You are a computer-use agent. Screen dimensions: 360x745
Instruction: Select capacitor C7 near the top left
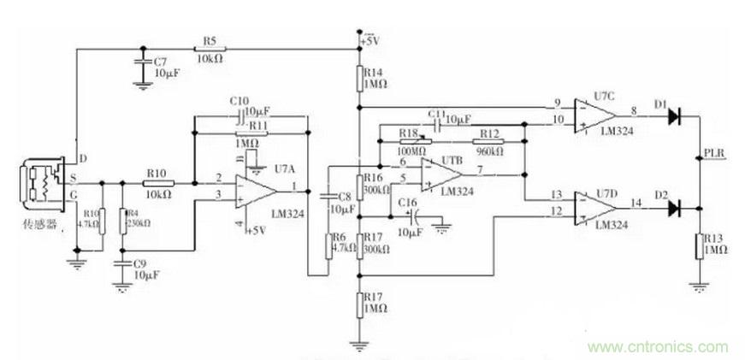pyautogui.click(x=140, y=65)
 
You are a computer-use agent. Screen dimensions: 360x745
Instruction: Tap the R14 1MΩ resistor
pyautogui.click(x=359, y=80)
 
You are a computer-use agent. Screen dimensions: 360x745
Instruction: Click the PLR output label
pyautogui.click(x=715, y=154)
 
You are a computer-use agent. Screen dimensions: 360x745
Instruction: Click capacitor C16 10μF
pyautogui.click(x=412, y=215)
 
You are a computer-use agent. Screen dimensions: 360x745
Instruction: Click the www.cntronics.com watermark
pyautogui.click(x=658, y=346)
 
